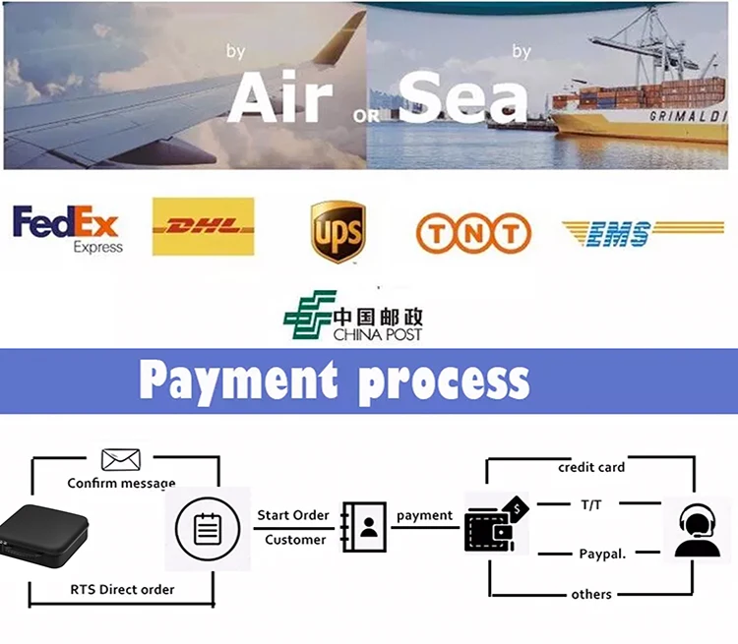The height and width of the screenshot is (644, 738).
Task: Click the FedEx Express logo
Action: [67, 229]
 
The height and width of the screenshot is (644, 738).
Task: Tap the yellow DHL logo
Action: [204, 227]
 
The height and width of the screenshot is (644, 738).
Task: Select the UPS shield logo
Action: [338, 231]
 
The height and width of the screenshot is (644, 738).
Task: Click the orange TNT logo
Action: [473, 233]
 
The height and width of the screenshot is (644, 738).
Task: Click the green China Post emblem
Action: [309, 315]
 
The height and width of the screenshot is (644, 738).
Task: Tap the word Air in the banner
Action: [281, 98]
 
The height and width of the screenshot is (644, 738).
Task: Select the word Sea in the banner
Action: [463, 98]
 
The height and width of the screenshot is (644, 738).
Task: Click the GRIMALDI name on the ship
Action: [688, 116]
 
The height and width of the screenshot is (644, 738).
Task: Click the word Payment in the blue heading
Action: [239, 381]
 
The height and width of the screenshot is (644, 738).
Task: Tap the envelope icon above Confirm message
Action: [121, 459]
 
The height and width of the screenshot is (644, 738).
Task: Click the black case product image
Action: [43, 536]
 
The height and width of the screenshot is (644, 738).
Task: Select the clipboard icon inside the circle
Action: [208, 529]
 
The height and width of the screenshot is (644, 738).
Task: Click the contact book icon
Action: [364, 527]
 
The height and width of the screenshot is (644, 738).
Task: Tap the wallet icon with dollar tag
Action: [496, 524]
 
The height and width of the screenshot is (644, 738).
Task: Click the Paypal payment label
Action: [602, 554]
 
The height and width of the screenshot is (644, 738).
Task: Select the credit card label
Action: [591, 467]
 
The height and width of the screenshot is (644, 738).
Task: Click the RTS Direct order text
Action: [122, 589]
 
